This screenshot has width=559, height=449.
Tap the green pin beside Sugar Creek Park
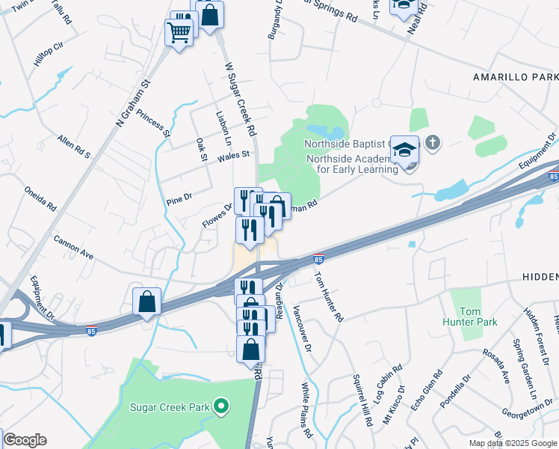tap(220, 407)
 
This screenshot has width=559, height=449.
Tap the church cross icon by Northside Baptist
tap(432, 142)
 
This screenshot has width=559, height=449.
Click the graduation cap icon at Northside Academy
tap(404, 150)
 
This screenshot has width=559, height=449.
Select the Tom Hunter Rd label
tap(329, 296)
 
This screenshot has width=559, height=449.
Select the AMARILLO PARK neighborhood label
tap(516, 77)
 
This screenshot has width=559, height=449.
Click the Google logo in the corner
tap(25, 440)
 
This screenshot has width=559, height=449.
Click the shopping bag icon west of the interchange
tap(147, 302)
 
